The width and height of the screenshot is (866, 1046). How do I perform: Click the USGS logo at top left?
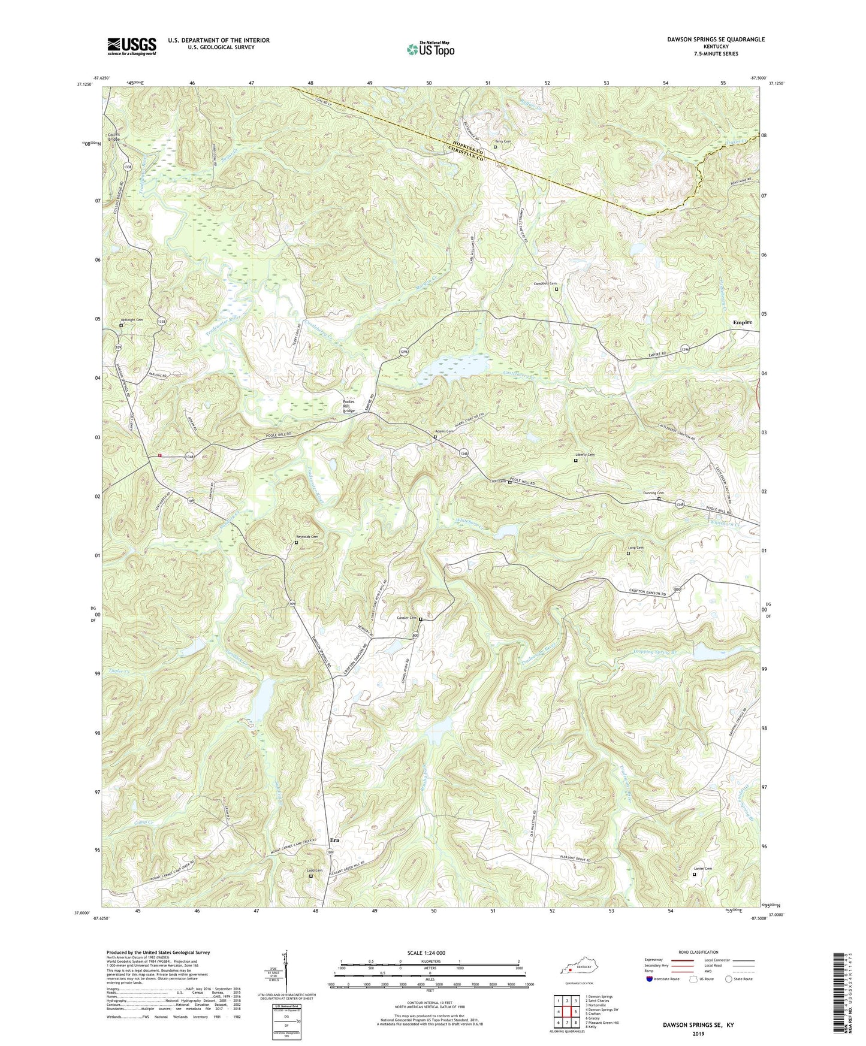[132, 46]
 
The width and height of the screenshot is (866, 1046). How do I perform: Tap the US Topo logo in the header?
[430, 49]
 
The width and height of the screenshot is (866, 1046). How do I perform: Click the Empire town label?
[743, 322]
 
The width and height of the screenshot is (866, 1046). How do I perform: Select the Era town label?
[334, 840]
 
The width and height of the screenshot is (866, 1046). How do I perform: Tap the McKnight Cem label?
[132, 320]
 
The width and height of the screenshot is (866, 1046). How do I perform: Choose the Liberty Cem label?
[584, 455]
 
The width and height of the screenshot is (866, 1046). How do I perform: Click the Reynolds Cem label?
[307, 537]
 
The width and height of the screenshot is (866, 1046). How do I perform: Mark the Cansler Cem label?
[407, 618]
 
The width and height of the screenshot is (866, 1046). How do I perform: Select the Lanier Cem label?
[703, 869]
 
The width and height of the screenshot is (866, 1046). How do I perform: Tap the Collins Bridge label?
[114, 137]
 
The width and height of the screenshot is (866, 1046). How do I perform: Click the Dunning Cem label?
[653, 493]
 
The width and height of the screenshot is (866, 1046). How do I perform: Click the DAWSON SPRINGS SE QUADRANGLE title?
[716, 40]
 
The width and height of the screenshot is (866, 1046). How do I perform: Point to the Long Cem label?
[636, 548]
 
